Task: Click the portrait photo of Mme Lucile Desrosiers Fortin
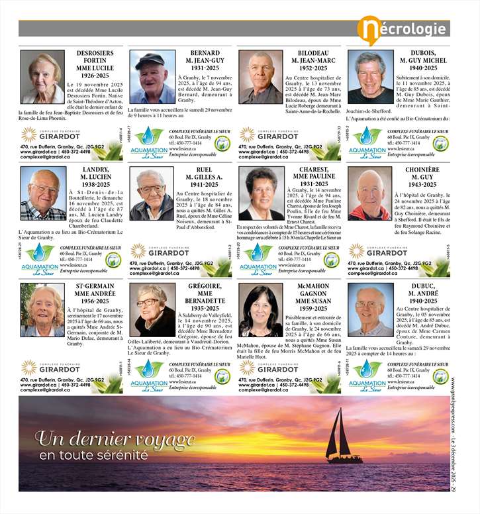(42, 77)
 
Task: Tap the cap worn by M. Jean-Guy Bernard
(150, 58)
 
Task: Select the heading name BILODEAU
(313, 52)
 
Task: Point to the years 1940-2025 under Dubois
(423, 68)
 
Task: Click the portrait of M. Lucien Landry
(42, 193)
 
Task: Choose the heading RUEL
(205, 170)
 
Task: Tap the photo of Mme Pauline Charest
(261, 193)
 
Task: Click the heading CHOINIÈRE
(422, 170)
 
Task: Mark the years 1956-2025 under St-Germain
(93, 301)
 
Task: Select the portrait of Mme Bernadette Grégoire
(152, 309)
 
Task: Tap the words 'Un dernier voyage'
(115, 439)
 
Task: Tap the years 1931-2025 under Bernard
(205, 68)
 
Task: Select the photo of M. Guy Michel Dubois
(370, 77)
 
